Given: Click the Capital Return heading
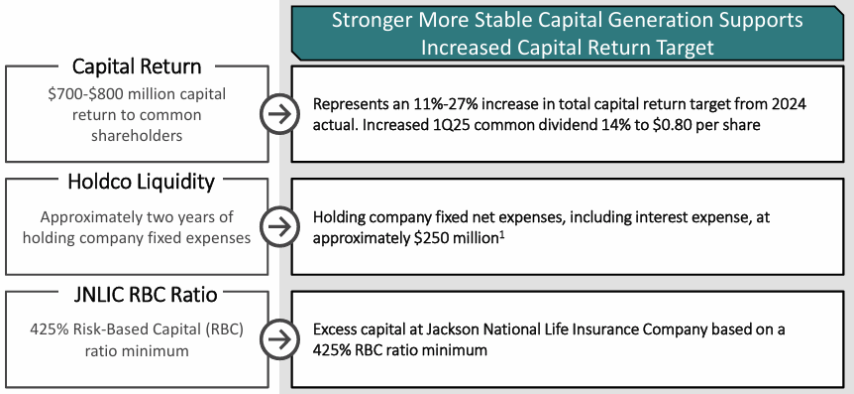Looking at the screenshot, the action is [137, 66].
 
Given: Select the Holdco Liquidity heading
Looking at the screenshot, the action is [141, 182].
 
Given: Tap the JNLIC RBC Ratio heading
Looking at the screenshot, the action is [145, 295].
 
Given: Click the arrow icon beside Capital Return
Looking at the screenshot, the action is [280, 114].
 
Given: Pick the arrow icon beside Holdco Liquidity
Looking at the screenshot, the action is [280, 227].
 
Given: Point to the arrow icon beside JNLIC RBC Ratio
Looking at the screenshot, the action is [280, 339].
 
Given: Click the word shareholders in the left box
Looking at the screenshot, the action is [137, 135].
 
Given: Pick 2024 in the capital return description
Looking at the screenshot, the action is [787, 104].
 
